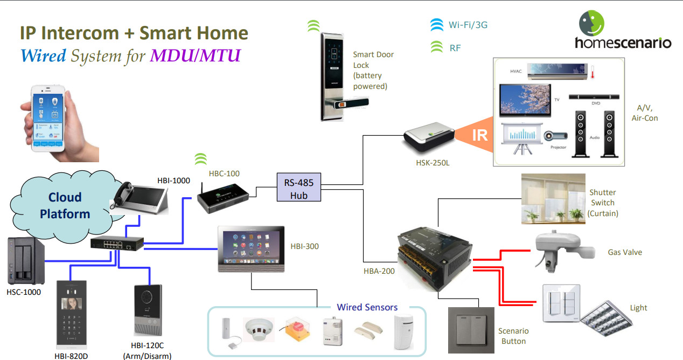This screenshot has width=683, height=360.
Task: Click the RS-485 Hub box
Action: click(x=299, y=187)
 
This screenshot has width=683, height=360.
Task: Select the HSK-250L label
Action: click(x=433, y=163)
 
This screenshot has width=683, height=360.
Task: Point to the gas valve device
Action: click(x=564, y=251)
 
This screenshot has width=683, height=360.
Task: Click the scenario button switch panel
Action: click(x=471, y=330)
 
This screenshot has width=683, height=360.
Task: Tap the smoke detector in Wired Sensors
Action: click(x=259, y=329)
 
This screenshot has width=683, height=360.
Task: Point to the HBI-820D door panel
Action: click(x=71, y=315)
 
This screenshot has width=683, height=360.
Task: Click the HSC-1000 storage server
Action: click(x=26, y=260)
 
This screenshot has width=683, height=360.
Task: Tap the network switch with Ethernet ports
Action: click(x=117, y=243)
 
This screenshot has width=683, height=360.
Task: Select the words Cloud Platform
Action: click(x=65, y=206)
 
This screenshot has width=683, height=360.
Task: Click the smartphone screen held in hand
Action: click(x=47, y=120)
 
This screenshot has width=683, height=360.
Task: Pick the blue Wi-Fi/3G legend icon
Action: click(x=437, y=25)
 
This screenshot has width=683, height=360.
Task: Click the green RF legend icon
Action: click(x=437, y=47)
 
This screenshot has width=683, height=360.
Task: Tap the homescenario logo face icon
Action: click(x=591, y=23)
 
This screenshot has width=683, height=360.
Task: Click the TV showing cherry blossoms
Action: click(x=525, y=100)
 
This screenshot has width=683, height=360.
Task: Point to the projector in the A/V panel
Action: click(x=555, y=136)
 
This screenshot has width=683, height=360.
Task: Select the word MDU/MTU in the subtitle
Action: click(x=195, y=56)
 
